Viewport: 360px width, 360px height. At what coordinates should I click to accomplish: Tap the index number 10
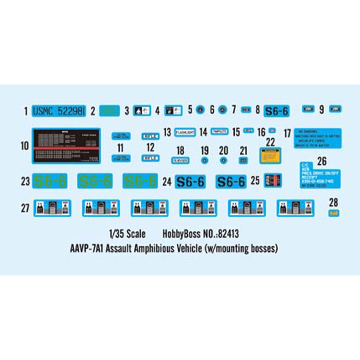coord(25,146)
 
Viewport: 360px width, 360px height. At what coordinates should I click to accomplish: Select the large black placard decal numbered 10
coord(66,146)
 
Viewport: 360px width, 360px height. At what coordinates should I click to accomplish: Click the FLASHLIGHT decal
coord(185,132)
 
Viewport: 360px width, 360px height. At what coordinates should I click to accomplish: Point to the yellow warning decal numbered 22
coord(270,155)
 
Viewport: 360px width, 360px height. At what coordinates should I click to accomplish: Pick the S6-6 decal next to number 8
coord(276,111)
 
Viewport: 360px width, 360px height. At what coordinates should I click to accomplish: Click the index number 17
coord(287,133)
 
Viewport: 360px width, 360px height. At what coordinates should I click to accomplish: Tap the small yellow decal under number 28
coord(334,213)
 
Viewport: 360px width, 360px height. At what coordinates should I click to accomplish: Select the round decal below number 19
coord(205,161)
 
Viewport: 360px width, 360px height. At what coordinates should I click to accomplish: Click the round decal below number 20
coord(224,161)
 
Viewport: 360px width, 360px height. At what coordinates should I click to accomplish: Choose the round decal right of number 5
coord(201,110)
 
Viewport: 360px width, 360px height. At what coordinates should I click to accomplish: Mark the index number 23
coord(25,181)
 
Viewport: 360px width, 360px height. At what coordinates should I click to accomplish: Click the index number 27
coord(25,208)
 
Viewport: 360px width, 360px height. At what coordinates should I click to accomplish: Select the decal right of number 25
coord(273,181)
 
